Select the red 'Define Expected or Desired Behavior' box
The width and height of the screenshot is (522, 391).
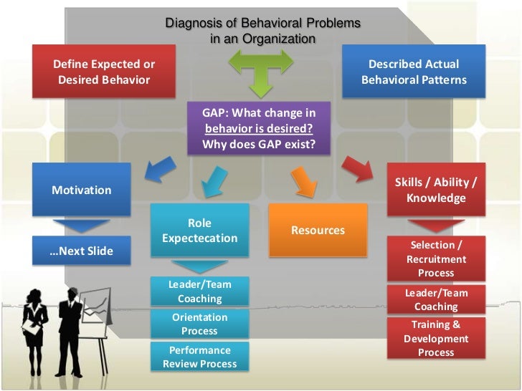(x=105, y=72)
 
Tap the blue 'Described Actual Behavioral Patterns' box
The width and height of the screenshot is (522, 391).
(x=414, y=72)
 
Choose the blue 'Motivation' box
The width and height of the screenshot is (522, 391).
(x=82, y=190)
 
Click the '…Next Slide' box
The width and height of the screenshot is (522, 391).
(x=82, y=251)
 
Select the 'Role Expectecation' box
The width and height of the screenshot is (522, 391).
(x=199, y=231)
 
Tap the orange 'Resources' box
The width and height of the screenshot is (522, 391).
(x=318, y=231)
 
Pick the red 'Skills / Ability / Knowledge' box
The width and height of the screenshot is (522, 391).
(x=436, y=190)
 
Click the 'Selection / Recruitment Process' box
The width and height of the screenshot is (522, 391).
(x=436, y=259)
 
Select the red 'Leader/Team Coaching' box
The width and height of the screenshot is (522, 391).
(x=436, y=299)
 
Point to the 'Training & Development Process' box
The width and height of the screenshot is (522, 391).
(x=436, y=338)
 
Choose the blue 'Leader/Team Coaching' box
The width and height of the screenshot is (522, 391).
(x=199, y=291)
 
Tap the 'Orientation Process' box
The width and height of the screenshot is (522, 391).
(x=199, y=324)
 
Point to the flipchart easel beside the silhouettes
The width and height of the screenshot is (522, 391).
(x=97, y=315)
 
